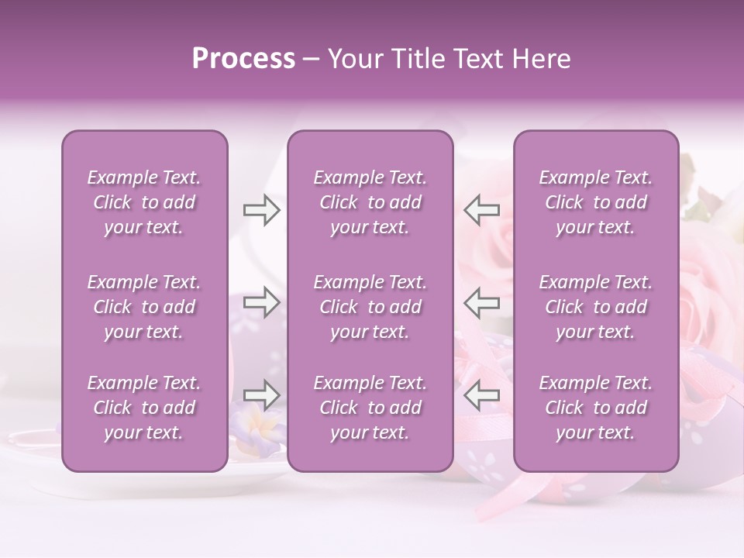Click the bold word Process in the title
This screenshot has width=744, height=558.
click(x=243, y=59)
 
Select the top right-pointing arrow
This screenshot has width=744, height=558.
click(x=261, y=210)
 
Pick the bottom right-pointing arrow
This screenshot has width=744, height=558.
click(x=261, y=394)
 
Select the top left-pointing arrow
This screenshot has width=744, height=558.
click(x=482, y=210)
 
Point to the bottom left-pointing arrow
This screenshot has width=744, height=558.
click(x=482, y=394)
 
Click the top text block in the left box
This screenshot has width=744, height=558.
click(x=144, y=202)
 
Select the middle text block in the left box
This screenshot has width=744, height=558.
click(x=144, y=307)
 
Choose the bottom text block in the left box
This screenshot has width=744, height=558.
click(x=144, y=408)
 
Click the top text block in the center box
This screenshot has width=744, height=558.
click(x=370, y=202)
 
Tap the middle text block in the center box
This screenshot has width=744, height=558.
click(x=370, y=307)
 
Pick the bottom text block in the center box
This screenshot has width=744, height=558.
click(x=370, y=408)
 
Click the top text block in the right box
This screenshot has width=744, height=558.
click(x=595, y=202)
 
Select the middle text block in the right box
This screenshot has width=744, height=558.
click(x=595, y=307)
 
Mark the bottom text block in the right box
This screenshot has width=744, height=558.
click(x=595, y=408)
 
